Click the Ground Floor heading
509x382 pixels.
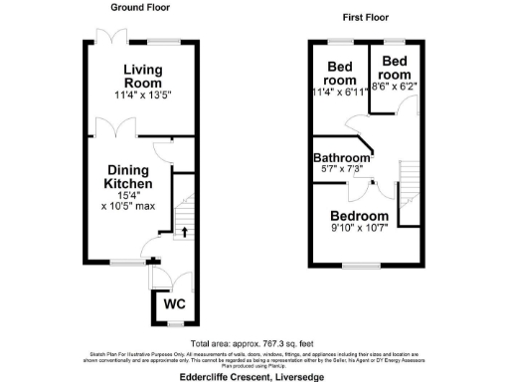click(x=141, y=7)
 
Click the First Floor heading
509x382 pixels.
click(x=366, y=18)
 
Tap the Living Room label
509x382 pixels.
click(x=143, y=76)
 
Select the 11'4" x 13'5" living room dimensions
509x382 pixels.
click(x=143, y=97)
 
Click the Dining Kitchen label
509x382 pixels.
click(x=129, y=177)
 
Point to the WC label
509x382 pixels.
click(x=175, y=303)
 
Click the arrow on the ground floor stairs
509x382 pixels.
click(x=183, y=232)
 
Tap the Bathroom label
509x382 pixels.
click(x=342, y=158)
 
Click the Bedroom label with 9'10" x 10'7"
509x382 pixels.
click(x=360, y=216)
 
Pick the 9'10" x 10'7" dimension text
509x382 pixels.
click(x=360, y=231)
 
